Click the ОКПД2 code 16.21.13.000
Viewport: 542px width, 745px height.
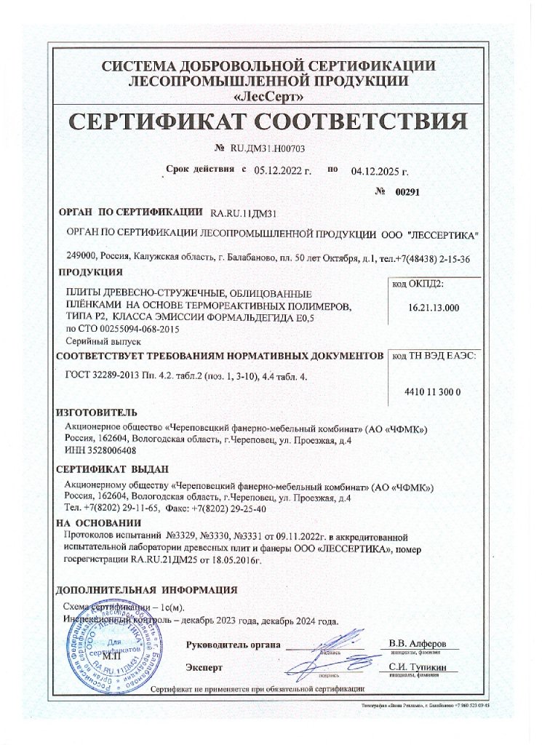click(x=434, y=308)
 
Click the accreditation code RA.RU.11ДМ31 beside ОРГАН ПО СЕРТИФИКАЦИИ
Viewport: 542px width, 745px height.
click(x=243, y=214)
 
